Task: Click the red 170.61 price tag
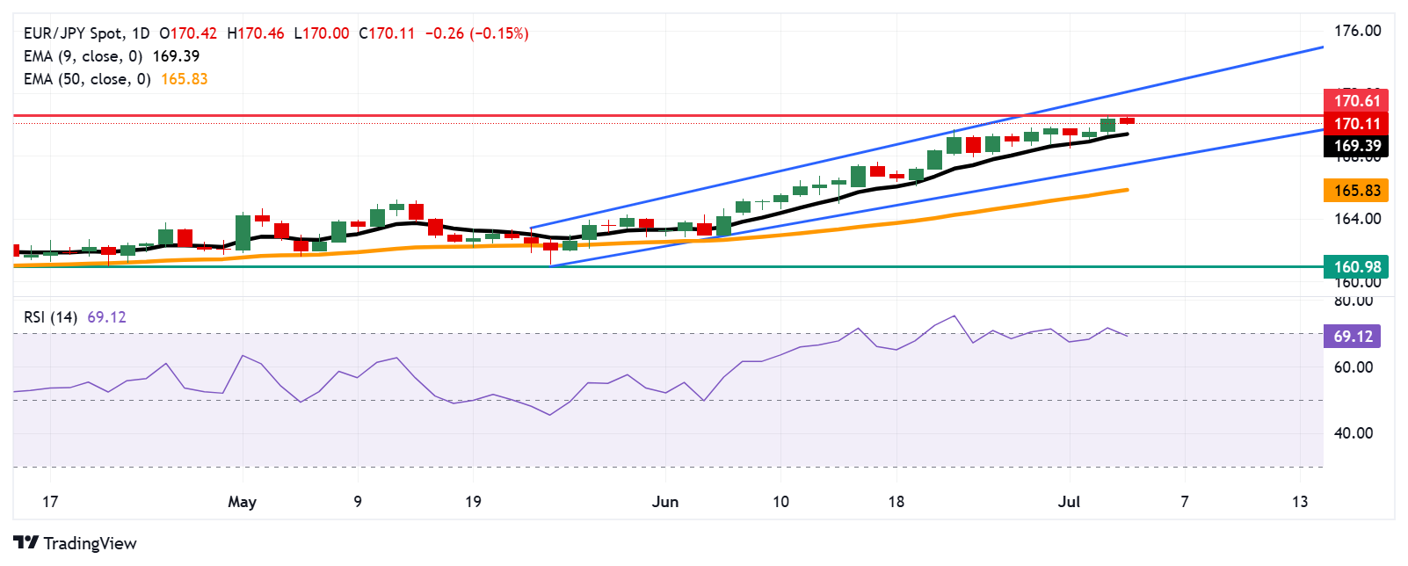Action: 1356,100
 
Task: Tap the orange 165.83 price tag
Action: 1356,191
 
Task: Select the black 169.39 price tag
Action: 1356,146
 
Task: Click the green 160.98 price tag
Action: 1356,266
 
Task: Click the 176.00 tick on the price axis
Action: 1357,31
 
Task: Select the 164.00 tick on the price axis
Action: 1357,219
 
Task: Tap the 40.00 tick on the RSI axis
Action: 1354,433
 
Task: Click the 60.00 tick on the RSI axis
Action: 1354,367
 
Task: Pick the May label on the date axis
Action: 242,502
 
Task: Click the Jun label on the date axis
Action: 665,502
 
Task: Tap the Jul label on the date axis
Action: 1069,502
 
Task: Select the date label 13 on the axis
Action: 1299,502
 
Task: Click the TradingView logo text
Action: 90,543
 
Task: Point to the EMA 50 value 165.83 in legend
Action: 185,79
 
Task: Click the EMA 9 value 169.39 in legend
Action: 176,56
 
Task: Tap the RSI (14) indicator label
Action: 51,317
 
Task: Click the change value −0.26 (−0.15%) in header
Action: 476,33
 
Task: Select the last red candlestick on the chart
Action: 1127,120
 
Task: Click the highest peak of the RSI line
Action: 954,316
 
